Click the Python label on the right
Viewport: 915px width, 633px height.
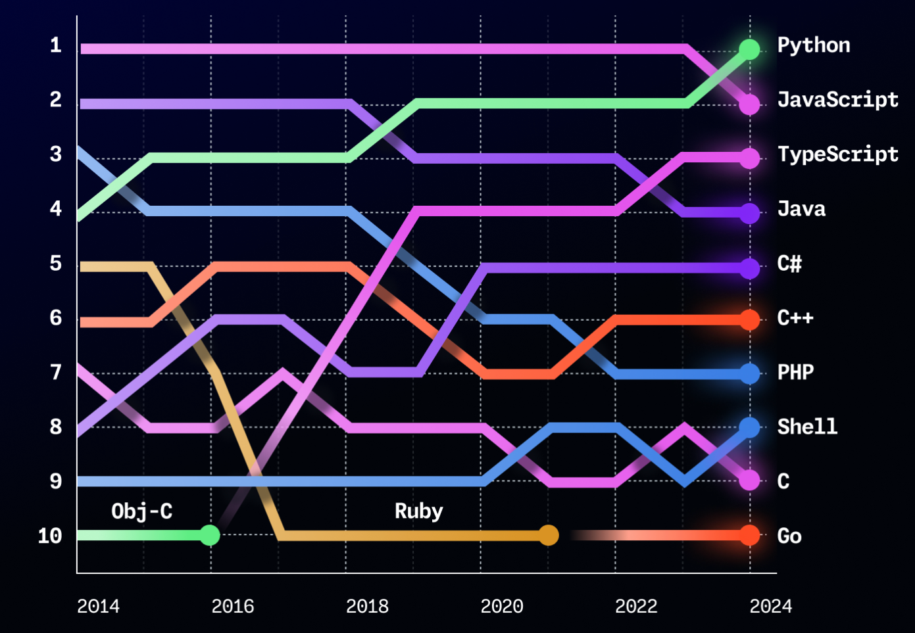pos(813,45)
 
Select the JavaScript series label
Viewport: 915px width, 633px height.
pos(837,100)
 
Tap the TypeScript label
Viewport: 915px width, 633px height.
pos(837,154)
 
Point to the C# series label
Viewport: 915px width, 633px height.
pos(789,264)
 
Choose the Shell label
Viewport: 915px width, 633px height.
pos(807,427)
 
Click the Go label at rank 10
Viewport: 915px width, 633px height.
pos(789,536)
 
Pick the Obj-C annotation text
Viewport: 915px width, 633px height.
pos(142,511)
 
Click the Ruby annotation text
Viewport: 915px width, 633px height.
pos(418,511)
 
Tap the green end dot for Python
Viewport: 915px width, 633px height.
pos(749,49)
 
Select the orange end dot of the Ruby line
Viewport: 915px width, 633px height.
pos(548,535)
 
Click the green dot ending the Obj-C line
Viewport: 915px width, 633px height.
pos(209,535)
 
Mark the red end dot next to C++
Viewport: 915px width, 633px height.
pos(749,320)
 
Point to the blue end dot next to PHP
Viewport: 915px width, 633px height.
pos(749,374)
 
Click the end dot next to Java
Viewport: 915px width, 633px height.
pos(749,213)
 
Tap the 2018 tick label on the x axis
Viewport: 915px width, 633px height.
pos(367,606)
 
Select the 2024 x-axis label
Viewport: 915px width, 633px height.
pos(770,606)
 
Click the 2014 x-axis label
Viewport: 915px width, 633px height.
pos(98,606)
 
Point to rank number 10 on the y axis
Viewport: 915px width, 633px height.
pos(50,536)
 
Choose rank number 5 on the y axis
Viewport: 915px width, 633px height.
pos(56,264)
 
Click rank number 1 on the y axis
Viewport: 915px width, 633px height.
pos(56,45)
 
